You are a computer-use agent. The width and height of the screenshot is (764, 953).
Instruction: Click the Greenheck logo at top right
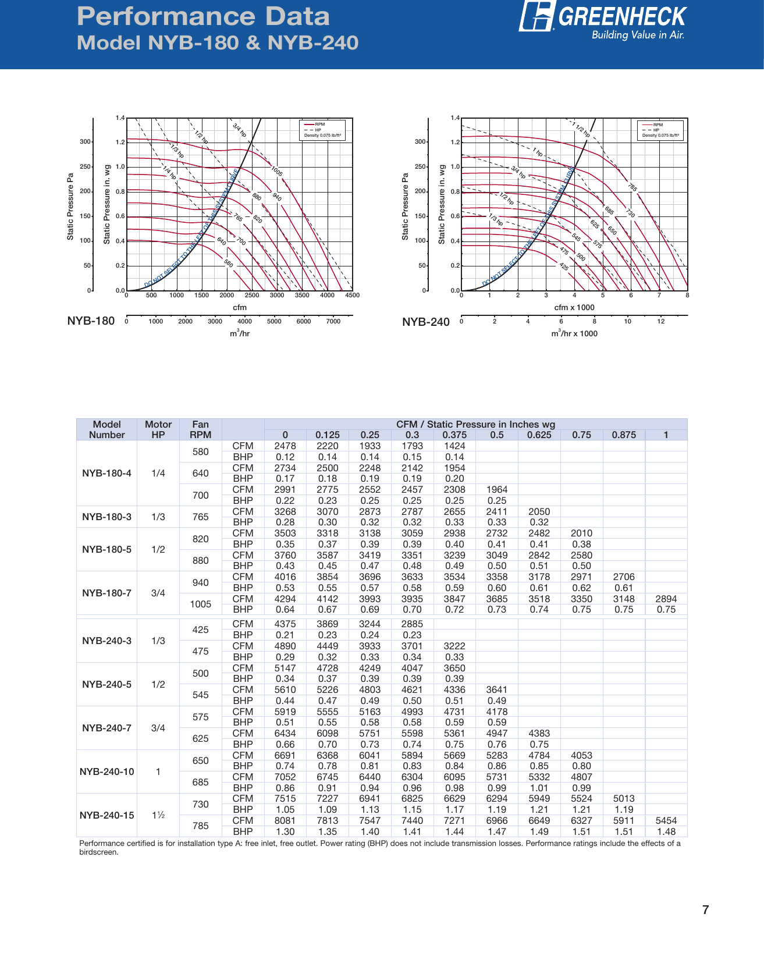[603, 21]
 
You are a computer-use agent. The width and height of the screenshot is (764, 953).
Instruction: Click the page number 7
[705, 910]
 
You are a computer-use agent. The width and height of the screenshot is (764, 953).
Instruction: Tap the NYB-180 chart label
[91, 321]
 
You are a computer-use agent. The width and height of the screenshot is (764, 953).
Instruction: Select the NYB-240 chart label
[426, 322]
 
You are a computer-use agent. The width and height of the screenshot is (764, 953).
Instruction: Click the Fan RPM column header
[200, 429]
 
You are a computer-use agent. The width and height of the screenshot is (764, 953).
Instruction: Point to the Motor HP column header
[158, 429]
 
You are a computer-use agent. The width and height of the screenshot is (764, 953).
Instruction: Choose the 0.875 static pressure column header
[624, 435]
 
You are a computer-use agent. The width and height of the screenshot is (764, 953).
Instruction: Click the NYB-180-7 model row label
[106, 593]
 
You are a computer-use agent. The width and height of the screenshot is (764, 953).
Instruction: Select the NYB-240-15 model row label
[106, 815]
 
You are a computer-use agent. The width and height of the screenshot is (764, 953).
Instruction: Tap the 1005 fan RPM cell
[200, 604]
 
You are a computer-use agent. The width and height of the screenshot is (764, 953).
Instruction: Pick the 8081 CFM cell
[285, 820]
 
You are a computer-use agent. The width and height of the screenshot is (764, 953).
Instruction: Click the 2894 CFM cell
[666, 599]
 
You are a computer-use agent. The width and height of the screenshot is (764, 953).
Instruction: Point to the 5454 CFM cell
[666, 820]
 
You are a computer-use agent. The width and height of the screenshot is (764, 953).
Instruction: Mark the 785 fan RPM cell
[200, 826]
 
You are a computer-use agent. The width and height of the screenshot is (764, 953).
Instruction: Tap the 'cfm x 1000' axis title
[574, 307]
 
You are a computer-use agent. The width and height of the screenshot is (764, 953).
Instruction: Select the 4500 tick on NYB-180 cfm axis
[352, 296]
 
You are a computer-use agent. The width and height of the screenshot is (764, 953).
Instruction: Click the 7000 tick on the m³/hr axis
[333, 322]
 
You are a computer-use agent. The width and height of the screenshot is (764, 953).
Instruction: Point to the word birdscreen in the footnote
[98, 852]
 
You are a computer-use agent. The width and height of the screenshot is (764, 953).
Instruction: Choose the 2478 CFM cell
[285, 446]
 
